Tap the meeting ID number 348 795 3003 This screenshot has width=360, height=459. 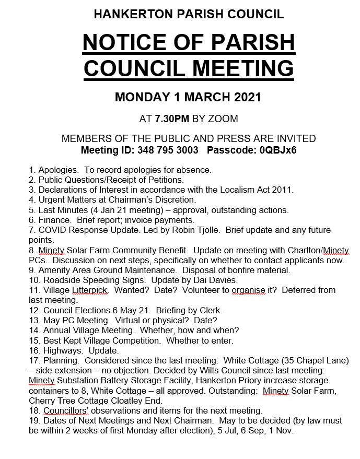click(x=168, y=150)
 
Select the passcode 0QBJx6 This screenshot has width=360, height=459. click(x=275, y=150)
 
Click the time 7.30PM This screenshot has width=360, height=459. click(x=172, y=119)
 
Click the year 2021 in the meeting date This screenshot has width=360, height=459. click(x=241, y=97)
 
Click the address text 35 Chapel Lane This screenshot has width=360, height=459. click(x=313, y=360)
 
